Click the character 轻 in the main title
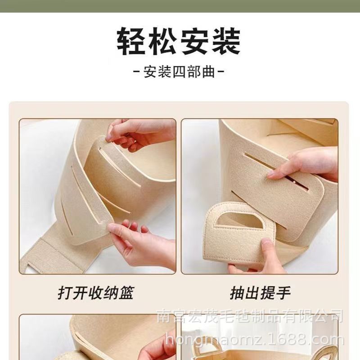[133, 41]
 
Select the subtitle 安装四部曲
[180, 72]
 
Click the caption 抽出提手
[260, 293]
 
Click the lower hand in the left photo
[139, 243]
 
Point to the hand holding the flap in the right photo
[310, 164]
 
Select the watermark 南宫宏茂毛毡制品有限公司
[250, 315]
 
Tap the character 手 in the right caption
[283, 293]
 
